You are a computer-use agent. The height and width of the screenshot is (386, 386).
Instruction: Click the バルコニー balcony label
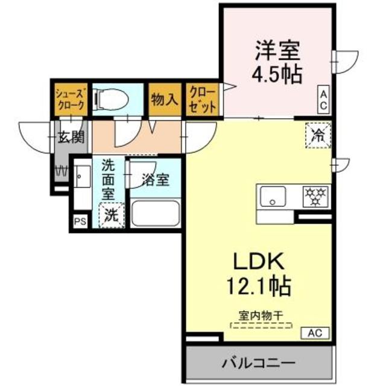(x=258, y=363)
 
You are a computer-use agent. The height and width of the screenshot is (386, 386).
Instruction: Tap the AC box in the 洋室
(x=323, y=100)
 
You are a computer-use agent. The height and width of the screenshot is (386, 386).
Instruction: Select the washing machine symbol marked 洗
(x=110, y=215)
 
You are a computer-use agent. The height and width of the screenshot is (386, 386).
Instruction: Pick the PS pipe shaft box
(x=80, y=221)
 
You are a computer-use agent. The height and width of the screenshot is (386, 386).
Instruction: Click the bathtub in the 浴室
(x=155, y=214)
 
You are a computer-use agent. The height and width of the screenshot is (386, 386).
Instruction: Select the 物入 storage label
(x=164, y=99)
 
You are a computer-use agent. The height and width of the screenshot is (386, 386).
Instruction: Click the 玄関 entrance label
(x=72, y=138)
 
